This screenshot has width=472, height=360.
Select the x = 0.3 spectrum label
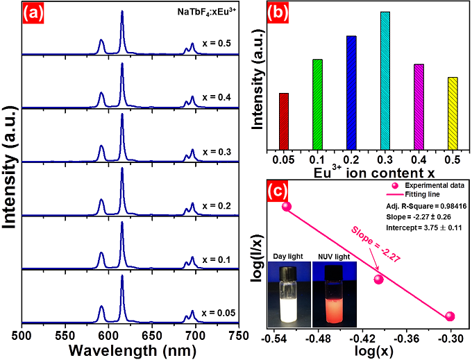217,151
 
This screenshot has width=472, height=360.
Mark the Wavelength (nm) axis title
130,350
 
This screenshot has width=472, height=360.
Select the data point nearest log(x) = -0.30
450,316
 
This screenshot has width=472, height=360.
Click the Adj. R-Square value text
425,206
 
